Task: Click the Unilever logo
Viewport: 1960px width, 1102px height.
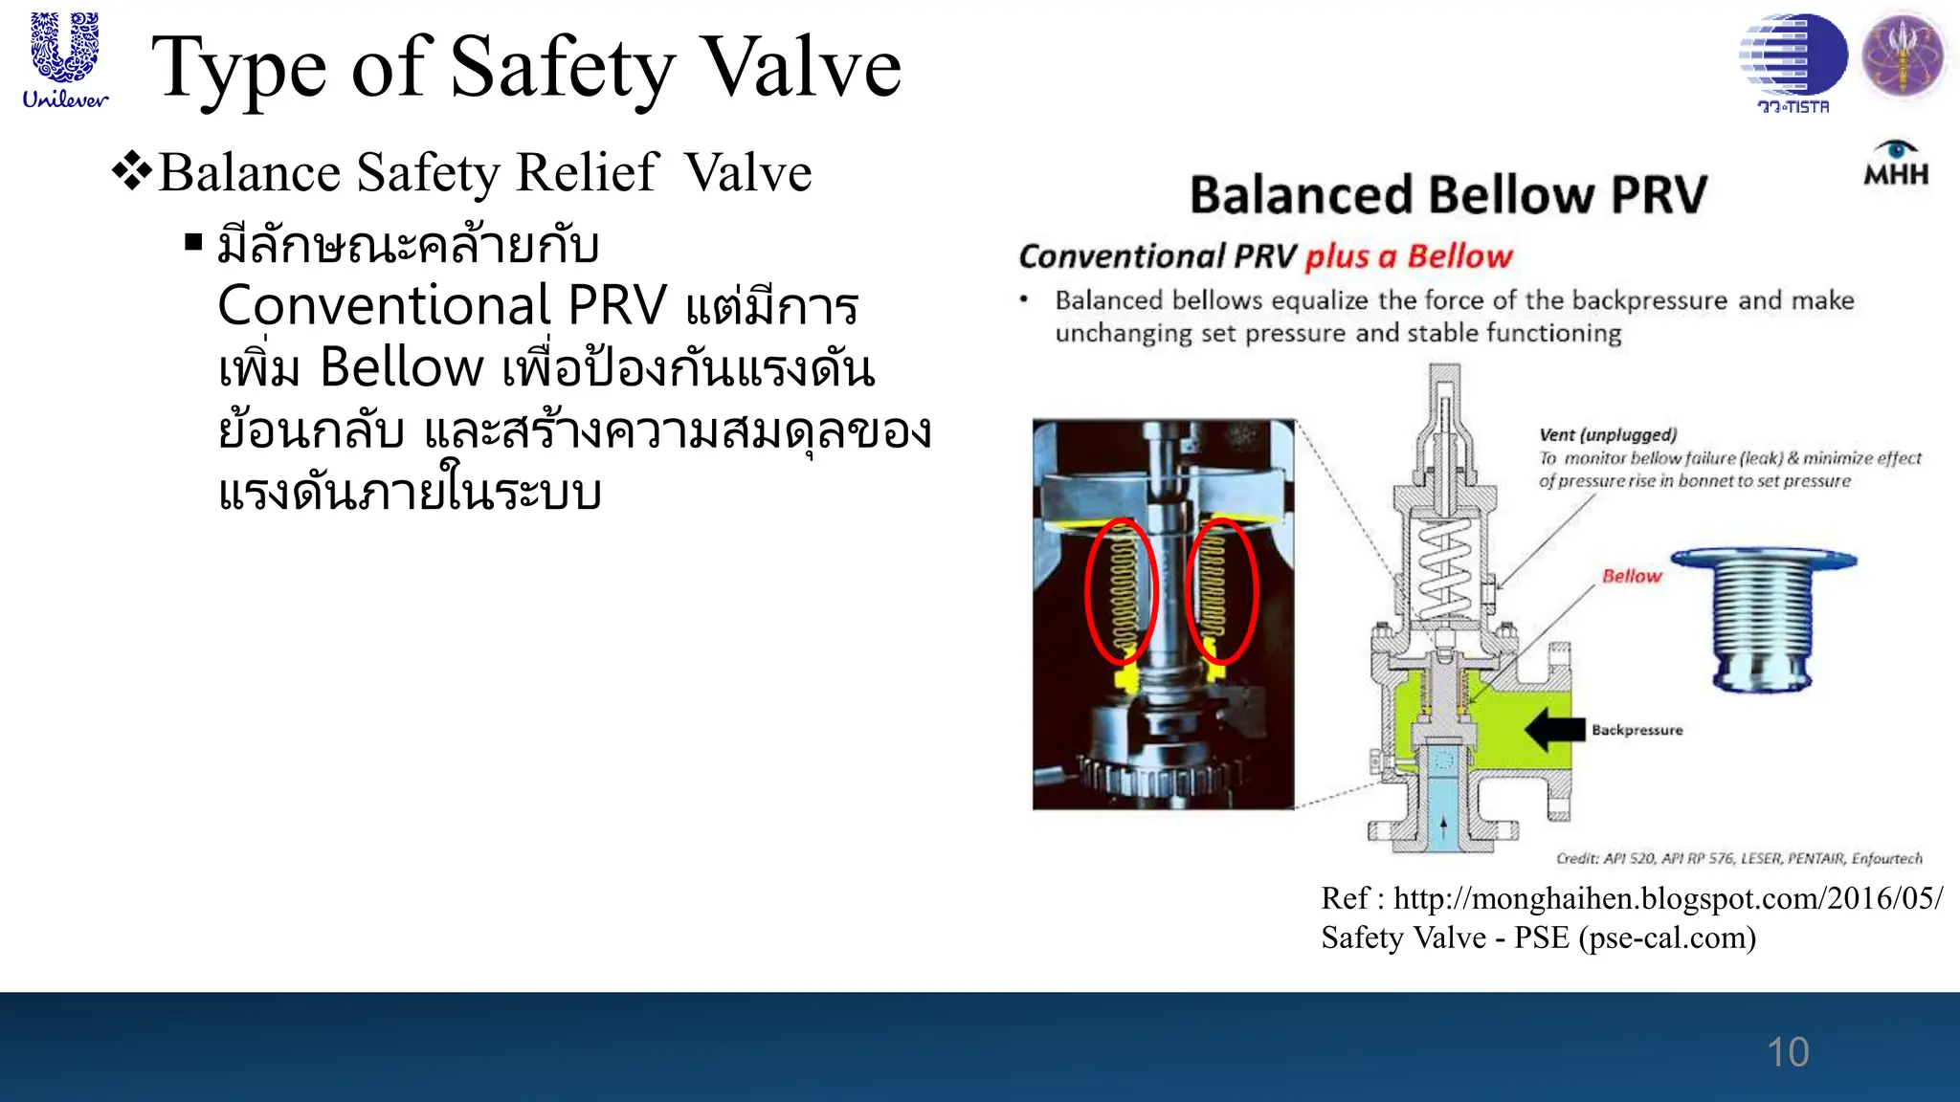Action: (x=64, y=59)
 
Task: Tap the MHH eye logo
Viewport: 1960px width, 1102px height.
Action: (x=1895, y=164)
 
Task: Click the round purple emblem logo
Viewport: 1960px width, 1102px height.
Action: (x=1903, y=55)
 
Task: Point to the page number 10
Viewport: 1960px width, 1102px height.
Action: (x=1787, y=1052)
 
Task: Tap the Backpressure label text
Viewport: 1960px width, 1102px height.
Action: (x=1637, y=730)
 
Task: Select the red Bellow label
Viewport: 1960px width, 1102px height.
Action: (x=1632, y=576)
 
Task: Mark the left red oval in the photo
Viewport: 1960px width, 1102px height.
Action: (x=1121, y=592)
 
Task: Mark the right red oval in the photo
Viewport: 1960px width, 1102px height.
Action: (x=1220, y=592)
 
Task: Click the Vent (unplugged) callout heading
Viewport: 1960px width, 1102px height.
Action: (x=1608, y=435)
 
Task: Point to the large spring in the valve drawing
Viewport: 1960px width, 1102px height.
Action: (x=1444, y=571)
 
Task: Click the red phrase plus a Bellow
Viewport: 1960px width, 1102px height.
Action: (x=1408, y=256)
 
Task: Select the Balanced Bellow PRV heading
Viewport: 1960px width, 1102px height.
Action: (x=1447, y=195)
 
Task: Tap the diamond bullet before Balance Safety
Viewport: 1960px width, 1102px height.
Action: (x=131, y=172)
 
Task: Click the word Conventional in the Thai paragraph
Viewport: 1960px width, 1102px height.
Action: (x=384, y=306)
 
